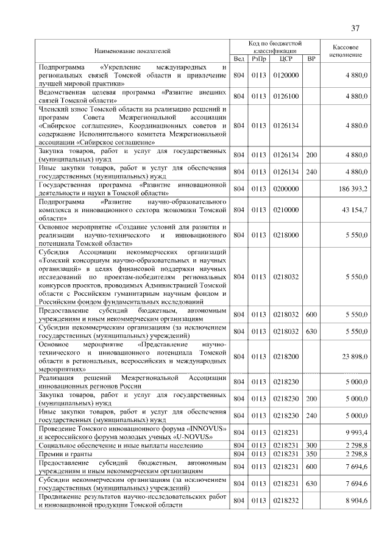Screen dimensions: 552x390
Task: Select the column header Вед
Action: point(239,59)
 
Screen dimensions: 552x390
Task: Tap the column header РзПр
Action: point(259,59)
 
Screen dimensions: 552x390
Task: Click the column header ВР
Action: point(311,59)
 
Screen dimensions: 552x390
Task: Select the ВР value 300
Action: point(311,445)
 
